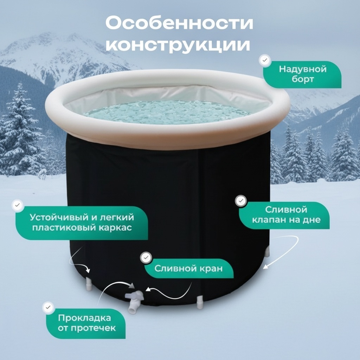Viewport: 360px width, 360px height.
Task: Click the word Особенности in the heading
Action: coord(179,23)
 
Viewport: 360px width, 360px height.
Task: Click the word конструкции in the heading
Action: coord(178,45)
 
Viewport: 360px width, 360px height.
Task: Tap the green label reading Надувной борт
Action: coord(302,75)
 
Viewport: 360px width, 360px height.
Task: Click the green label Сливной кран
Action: coord(189,268)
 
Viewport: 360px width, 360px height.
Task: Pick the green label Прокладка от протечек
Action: coord(86,323)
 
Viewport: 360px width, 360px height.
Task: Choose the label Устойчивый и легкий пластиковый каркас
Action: coord(82,223)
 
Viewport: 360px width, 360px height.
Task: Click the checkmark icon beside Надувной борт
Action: coord(265,60)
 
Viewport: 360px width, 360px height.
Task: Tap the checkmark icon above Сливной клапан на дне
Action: coord(241,201)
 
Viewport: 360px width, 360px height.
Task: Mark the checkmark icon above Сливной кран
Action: coord(146,258)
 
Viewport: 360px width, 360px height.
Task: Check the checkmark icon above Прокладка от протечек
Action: coord(48,307)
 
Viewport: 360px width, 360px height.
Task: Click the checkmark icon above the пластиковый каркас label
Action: coord(18,205)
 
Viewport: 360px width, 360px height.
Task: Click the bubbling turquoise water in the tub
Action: coord(167,112)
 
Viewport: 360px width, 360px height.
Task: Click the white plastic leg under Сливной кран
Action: coord(200,302)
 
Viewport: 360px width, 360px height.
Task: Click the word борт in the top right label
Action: coord(303,79)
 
